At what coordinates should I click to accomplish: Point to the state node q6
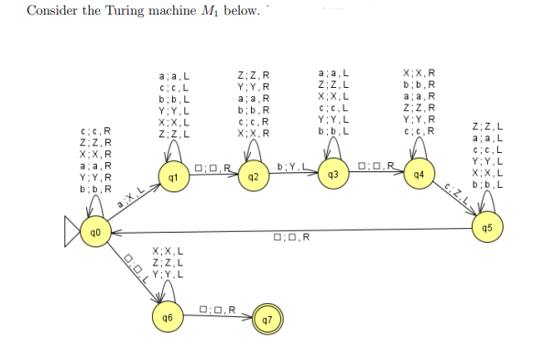(x=167, y=317)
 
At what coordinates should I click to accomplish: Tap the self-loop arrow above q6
(x=167, y=290)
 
